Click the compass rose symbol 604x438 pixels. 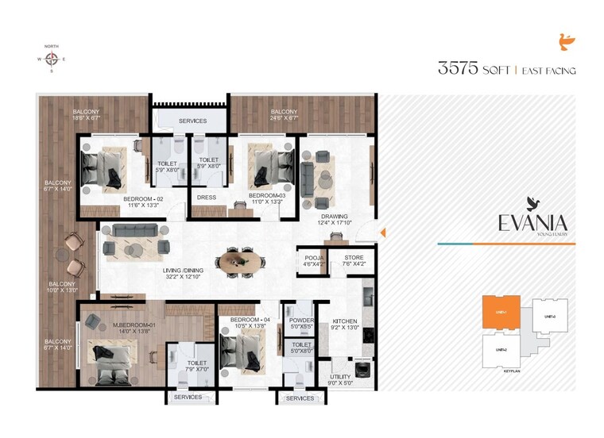click(x=52, y=59)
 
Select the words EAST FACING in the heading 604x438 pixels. click(x=548, y=71)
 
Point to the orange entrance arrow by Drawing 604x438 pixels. click(x=382, y=232)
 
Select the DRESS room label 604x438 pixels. click(x=207, y=198)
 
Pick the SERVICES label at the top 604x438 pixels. click(x=192, y=121)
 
